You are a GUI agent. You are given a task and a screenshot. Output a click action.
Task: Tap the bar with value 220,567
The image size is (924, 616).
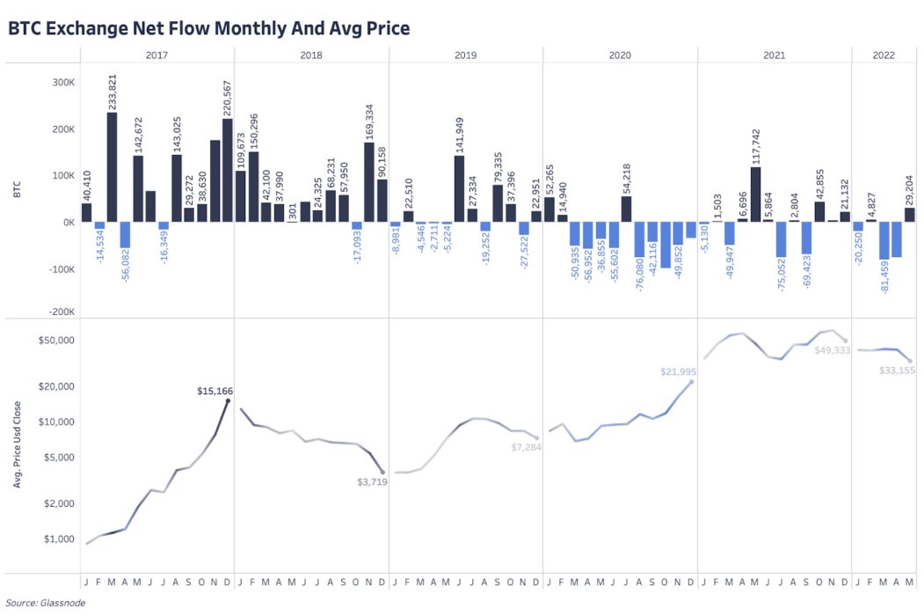point(228,171)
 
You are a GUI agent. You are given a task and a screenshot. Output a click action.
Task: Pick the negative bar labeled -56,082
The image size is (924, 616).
point(125,235)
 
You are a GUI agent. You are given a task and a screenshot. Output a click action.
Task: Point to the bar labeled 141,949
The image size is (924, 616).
point(459,189)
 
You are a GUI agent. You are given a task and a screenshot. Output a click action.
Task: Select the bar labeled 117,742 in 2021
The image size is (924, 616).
point(756,194)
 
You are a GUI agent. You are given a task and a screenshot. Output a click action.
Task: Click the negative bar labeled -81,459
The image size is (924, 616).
point(884,241)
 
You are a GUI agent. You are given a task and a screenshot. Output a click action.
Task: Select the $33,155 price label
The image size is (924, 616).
point(897,370)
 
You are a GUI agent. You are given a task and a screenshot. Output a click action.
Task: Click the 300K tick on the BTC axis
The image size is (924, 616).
point(62,82)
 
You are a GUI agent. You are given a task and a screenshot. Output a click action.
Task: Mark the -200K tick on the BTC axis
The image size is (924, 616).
point(60,312)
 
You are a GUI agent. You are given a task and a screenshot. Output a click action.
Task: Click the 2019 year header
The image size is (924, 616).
point(465,55)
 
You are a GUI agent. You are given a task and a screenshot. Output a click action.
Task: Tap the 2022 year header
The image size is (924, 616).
point(884,55)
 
